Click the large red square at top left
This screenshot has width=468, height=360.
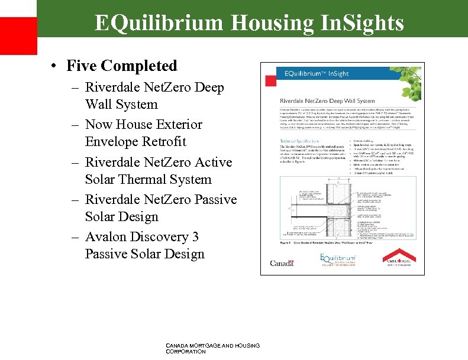18,35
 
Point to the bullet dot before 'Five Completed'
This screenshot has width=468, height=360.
54,66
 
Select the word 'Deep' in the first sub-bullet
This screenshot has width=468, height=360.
209,87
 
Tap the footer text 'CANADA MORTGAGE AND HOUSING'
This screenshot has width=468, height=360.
214,345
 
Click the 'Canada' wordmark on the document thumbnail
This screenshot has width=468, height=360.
282,263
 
